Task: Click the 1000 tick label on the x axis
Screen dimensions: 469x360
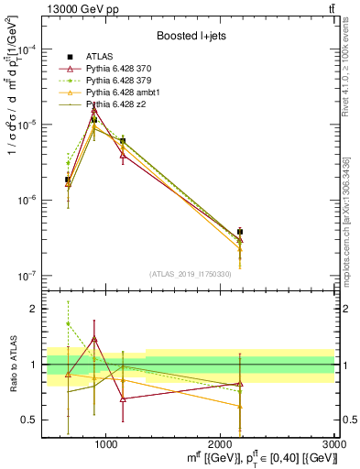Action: click(x=106, y=444)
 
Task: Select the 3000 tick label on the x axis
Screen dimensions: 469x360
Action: click(x=334, y=444)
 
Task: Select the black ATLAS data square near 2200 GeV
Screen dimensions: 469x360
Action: click(x=240, y=232)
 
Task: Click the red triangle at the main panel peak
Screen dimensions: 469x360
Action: click(x=94, y=110)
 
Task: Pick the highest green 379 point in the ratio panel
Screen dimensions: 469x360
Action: click(x=68, y=323)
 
